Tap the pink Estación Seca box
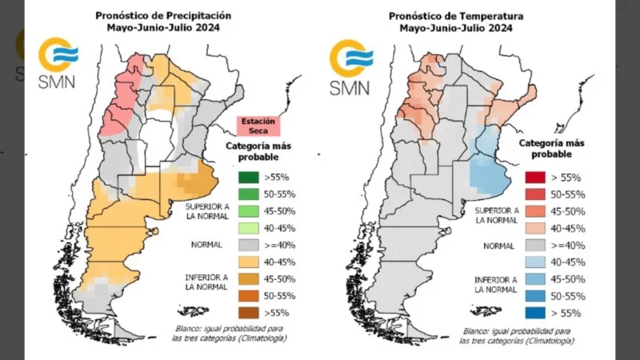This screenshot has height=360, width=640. pos(258,126)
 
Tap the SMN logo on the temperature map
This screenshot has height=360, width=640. pos(350,67)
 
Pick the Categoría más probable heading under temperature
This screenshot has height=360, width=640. pos(551,147)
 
